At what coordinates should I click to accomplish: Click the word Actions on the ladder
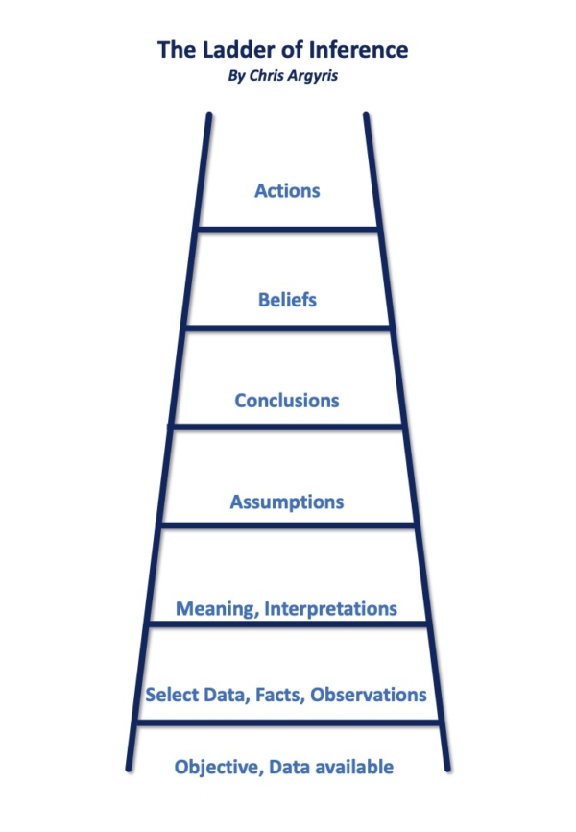[287, 190]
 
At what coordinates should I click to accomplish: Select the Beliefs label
[287, 300]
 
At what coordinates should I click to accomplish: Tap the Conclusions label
[287, 400]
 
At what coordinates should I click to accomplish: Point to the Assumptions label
[287, 502]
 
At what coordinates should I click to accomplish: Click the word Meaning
[216, 609]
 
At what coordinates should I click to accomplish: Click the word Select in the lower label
[170, 694]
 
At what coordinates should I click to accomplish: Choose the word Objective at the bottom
[217, 767]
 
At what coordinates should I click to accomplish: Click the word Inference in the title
[361, 49]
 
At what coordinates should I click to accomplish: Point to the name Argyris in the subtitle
[317, 77]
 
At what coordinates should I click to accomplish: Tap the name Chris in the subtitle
[268, 77]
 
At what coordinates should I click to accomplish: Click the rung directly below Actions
[287, 229]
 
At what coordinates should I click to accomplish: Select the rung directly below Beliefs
[287, 328]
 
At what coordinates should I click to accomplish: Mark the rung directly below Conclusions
[287, 425]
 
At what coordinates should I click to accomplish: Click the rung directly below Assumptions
[287, 525]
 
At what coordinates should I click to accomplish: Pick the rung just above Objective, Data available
[287, 722]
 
